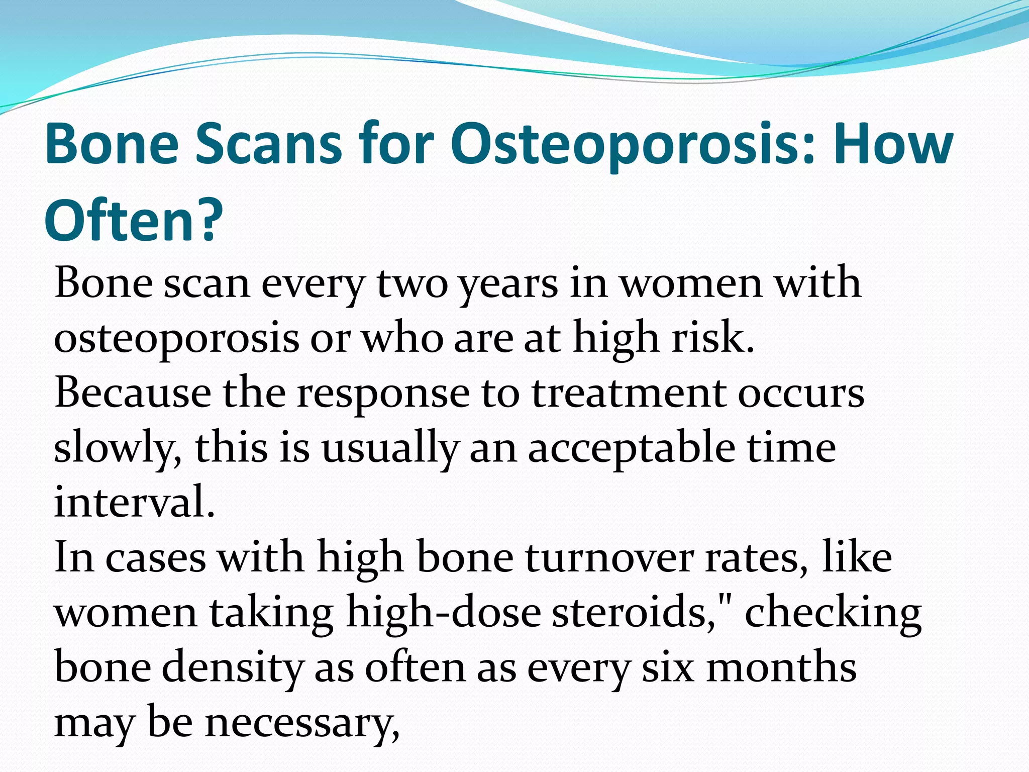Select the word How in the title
[x=893, y=144]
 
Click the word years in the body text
[x=508, y=284]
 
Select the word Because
[x=133, y=393]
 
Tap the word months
[x=781, y=667]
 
